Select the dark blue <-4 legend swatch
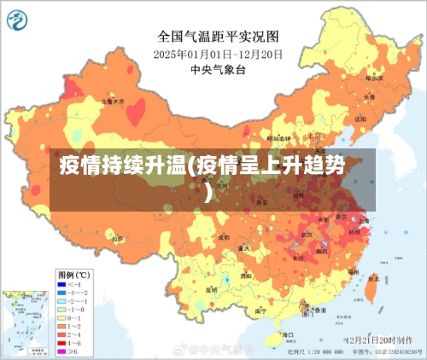pos(62,283)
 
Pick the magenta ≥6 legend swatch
pos(62,351)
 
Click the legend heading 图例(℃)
pos(73,274)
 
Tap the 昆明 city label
pos(212,289)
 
